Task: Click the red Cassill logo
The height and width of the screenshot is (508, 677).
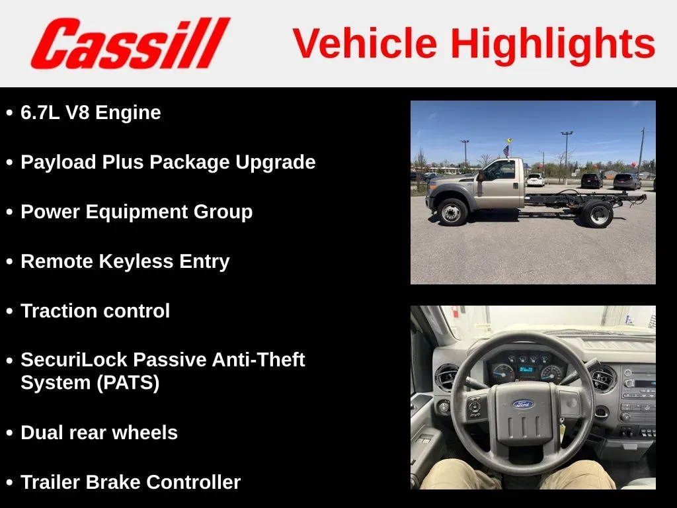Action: (130, 43)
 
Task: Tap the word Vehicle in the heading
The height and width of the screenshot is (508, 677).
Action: (365, 43)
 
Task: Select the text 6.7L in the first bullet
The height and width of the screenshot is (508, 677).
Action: (40, 112)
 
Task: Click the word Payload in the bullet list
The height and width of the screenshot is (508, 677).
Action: (58, 163)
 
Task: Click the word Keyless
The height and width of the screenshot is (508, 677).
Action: (136, 262)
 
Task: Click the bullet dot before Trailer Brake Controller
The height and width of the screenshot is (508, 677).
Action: (9, 483)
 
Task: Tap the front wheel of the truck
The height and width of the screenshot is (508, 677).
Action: (452, 212)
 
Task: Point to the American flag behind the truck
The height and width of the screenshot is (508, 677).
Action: (506, 151)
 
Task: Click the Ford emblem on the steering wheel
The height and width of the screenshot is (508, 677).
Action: (524, 404)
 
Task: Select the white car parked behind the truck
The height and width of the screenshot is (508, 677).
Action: (536, 180)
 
